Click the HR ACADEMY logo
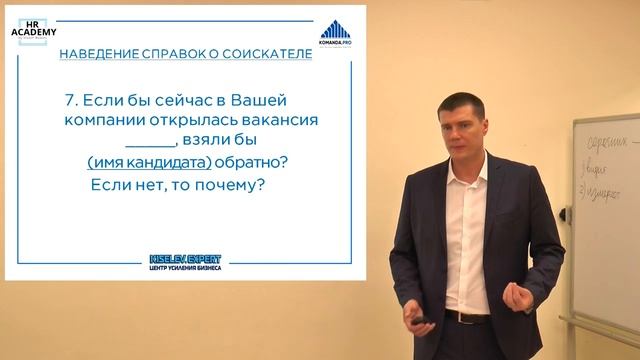tap(33, 28)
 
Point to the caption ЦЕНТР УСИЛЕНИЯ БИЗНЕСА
tap(185, 268)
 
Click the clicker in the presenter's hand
tap(418, 319)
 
